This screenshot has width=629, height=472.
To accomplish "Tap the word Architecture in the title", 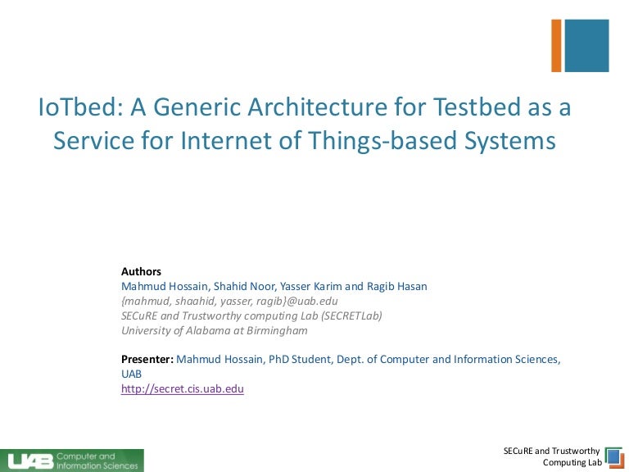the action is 317,107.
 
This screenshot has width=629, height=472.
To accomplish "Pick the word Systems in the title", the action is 510,141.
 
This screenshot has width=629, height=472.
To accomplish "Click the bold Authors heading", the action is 141,272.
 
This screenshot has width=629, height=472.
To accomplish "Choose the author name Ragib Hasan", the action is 396,286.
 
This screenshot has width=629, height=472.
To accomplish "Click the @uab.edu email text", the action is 312,301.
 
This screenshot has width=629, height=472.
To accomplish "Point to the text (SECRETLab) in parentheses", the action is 351,315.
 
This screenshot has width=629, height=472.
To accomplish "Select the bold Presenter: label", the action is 147,359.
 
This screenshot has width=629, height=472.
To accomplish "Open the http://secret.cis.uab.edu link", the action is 183,389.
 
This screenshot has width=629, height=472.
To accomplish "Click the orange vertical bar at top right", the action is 556,46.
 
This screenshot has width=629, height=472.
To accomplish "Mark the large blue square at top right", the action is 587,46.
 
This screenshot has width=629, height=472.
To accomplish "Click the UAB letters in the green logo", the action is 30,461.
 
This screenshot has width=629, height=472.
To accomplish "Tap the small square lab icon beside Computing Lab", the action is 613,458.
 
